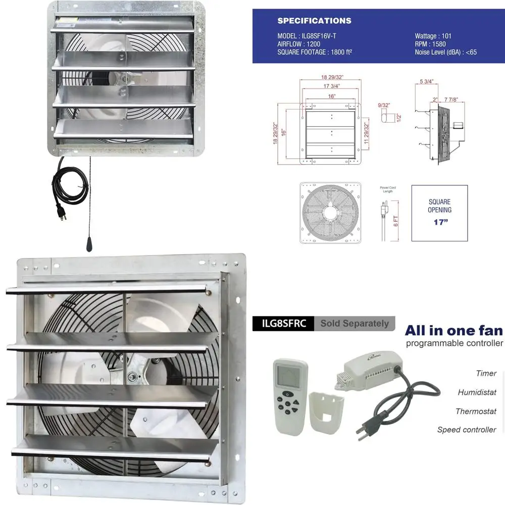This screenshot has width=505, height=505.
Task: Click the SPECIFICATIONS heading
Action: click(x=314, y=21)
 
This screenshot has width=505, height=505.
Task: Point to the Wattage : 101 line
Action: click(x=433, y=36)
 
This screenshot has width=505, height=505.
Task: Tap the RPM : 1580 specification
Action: click(x=430, y=44)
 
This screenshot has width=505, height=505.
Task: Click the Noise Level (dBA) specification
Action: click(x=446, y=52)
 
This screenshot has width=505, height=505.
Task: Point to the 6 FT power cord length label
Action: click(x=396, y=221)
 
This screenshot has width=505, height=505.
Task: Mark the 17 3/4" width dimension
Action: click(x=331, y=86)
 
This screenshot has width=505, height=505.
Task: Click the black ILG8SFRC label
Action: click(x=283, y=324)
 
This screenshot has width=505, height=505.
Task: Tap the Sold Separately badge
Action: click(x=355, y=324)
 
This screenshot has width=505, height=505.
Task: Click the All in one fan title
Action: click(x=453, y=331)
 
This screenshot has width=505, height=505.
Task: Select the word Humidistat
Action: click(x=477, y=392)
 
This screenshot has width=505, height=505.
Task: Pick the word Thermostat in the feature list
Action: click(x=476, y=412)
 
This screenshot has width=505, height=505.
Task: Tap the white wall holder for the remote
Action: click(x=327, y=412)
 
